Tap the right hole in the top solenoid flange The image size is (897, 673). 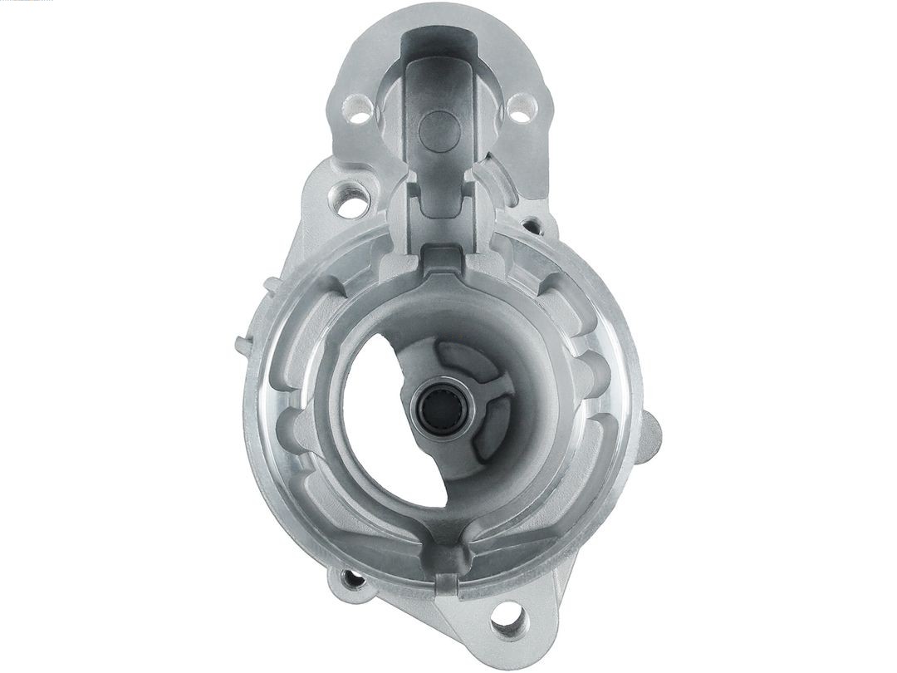(520, 109)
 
